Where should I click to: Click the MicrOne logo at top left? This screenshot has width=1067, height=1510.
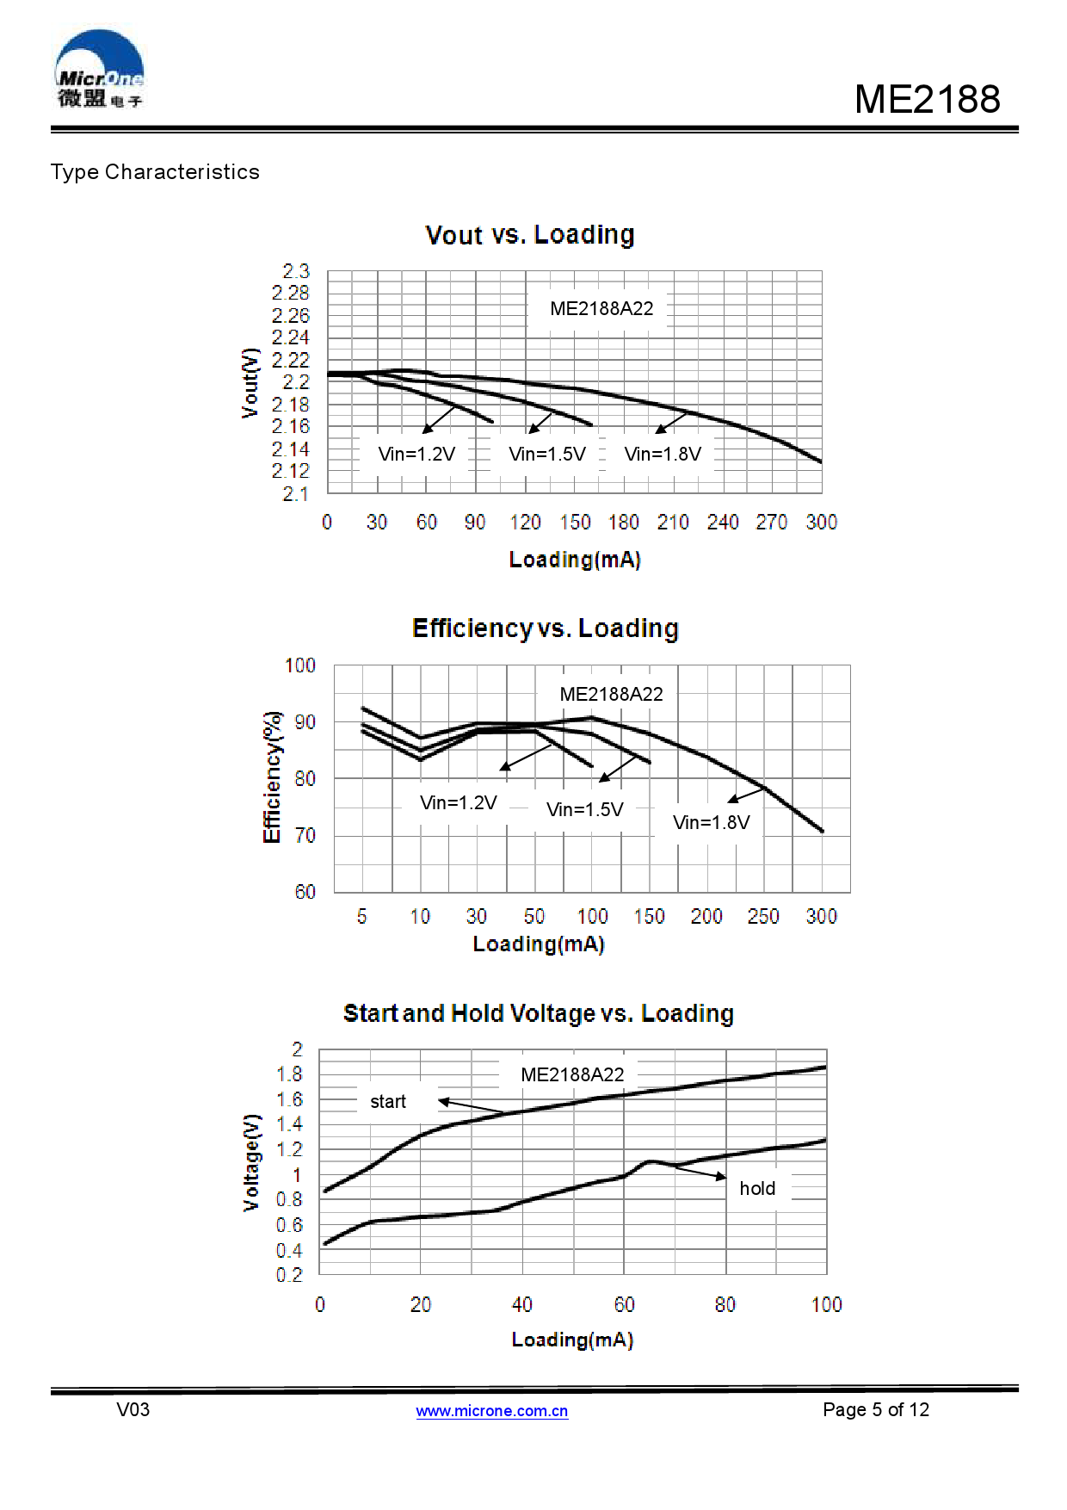[x=99, y=70]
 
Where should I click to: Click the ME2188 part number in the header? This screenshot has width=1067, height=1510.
[x=927, y=99]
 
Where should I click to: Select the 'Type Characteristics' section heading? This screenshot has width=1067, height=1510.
[x=155, y=172]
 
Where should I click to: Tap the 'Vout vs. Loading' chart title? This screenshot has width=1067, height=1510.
[x=530, y=235]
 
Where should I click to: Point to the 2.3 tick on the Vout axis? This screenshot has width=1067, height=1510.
[x=295, y=271]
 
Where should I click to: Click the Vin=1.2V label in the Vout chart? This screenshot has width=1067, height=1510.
[x=416, y=454]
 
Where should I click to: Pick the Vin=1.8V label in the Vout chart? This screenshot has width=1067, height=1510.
[x=663, y=454]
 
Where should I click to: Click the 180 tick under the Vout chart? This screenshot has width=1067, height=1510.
[x=624, y=523]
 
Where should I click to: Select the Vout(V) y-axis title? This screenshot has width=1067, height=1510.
[x=250, y=383]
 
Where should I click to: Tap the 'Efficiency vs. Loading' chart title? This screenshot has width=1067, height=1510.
[x=546, y=628]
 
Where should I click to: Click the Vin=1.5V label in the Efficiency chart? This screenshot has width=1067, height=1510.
[x=585, y=809]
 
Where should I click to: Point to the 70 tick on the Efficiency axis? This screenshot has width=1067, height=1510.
[x=305, y=835]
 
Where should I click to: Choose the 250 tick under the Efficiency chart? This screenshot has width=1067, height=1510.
[x=763, y=916]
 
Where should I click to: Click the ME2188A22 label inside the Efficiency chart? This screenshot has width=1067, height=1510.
[x=611, y=694]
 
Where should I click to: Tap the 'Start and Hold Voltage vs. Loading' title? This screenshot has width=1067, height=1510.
[x=539, y=1013]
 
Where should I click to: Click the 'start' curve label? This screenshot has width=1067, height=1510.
[x=388, y=1101]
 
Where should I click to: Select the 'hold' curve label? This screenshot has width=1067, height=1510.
[x=757, y=1188]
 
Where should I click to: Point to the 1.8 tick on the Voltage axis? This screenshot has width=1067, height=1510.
[x=290, y=1074]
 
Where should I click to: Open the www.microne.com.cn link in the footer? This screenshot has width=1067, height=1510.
[x=492, y=1410]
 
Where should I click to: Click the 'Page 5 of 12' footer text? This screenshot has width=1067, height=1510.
[x=876, y=1409]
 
